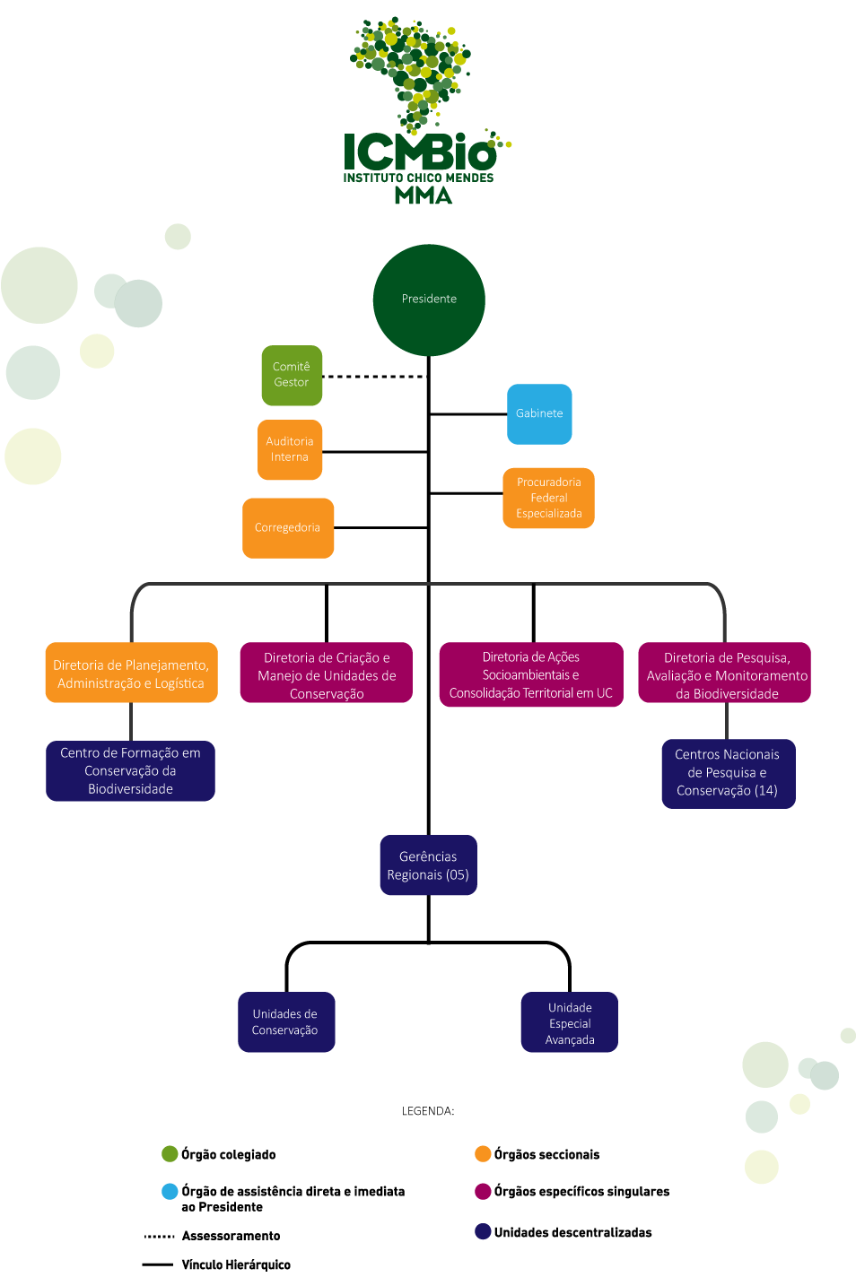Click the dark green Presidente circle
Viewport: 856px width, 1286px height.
point(429,300)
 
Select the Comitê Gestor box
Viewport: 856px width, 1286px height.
point(292,376)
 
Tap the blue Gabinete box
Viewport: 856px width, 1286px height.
point(539,414)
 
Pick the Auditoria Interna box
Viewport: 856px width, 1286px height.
point(290,449)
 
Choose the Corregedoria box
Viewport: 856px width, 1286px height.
point(288,528)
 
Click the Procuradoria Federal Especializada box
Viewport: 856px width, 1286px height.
point(548,498)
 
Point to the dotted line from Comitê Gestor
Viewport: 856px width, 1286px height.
point(375,377)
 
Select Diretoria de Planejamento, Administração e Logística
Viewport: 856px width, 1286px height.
point(132,673)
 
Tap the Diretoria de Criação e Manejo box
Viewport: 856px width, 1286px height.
point(327,673)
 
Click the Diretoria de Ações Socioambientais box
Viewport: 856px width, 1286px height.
point(531,674)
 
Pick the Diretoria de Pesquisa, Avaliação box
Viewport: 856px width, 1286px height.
point(724,673)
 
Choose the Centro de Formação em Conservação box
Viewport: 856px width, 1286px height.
point(130,771)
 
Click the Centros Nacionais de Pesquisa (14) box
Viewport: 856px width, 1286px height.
point(729,774)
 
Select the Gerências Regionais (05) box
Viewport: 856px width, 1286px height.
point(429,865)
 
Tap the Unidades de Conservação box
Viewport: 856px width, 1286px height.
point(286,1022)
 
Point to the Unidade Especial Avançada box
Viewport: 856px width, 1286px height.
point(570,1022)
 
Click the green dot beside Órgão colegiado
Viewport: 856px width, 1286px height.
point(170,1154)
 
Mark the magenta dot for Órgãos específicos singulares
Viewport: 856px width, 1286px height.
point(483,1191)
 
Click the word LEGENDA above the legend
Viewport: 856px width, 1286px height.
point(427,1111)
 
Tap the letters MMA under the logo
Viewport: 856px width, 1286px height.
point(424,196)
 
